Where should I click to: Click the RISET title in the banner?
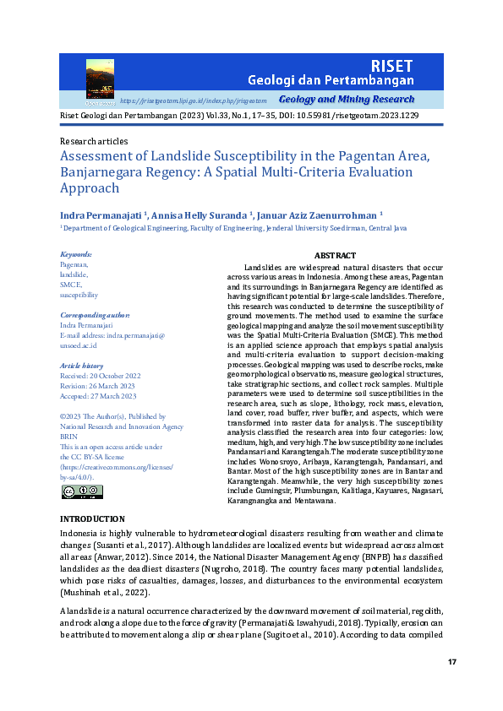(391, 65)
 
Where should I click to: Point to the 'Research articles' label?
(94, 141)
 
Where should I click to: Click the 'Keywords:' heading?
(76, 254)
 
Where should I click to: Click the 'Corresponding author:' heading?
(93, 315)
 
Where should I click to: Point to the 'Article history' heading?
(81, 366)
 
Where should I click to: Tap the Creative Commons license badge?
(82, 492)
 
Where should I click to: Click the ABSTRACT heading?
(335, 255)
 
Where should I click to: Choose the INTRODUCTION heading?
(92, 518)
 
